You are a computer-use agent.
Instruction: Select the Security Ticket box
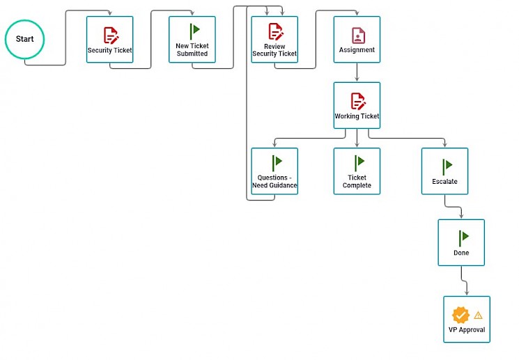pyautogui.click(x=109, y=40)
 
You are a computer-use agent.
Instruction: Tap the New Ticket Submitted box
pyautogui.click(x=192, y=40)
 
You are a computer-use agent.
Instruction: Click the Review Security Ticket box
pyautogui.click(x=274, y=40)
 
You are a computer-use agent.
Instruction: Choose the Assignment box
pyautogui.click(x=357, y=40)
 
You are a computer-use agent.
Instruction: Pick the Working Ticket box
pyautogui.click(x=357, y=105)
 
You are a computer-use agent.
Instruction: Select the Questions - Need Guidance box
pyautogui.click(x=274, y=171)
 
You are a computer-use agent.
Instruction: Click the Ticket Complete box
pyautogui.click(x=357, y=171)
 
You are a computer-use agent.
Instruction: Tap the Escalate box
pyautogui.click(x=444, y=171)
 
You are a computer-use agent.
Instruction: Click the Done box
pyautogui.click(x=461, y=242)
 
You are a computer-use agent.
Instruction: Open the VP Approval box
pyautogui.click(x=467, y=320)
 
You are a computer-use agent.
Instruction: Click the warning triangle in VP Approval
pyautogui.click(x=478, y=315)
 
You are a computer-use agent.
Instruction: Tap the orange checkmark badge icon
pyautogui.click(x=460, y=315)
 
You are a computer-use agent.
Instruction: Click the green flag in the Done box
pyautogui.click(x=464, y=238)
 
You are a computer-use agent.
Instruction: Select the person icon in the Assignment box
pyautogui.click(x=358, y=36)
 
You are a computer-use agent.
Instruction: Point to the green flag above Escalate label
pyautogui.click(x=447, y=166)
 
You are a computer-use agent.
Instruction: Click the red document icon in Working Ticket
pyautogui.click(x=358, y=101)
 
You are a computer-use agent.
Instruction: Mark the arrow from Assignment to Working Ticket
pyautogui.click(x=357, y=72)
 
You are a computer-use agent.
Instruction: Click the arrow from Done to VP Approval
pyautogui.click(x=464, y=281)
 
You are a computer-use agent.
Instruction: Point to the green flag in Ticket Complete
pyautogui.click(x=359, y=163)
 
